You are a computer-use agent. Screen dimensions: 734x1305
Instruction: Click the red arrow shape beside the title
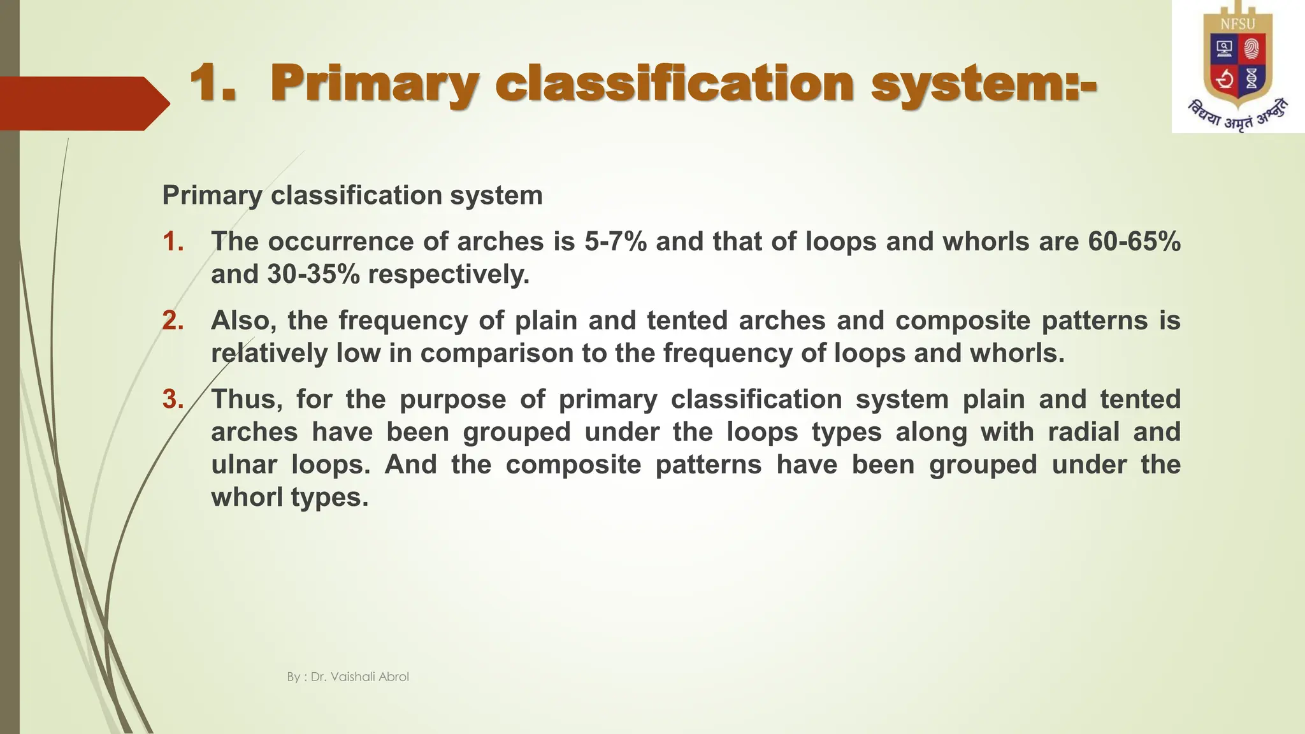pyautogui.click(x=83, y=103)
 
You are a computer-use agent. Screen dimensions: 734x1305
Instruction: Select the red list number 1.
pyautogui.click(x=173, y=241)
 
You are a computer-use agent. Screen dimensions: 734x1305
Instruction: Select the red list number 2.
pyautogui.click(x=173, y=320)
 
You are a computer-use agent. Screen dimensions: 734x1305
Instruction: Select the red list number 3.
pyautogui.click(x=173, y=399)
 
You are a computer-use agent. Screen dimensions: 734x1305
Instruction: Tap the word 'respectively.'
pyautogui.click(x=449, y=275)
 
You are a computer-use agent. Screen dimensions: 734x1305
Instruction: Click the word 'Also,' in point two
pyautogui.click(x=243, y=320)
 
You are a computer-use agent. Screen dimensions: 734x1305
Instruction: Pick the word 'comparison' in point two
pyautogui.click(x=497, y=353)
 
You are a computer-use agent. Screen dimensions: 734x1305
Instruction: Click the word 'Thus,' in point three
pyautogui.click(x=247, y=399)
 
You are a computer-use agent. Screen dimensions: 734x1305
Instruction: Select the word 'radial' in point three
pyautogui.click(x=1083, y=432)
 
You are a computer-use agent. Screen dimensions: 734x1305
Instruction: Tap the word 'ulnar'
pyautogui.click(x=244, y=464)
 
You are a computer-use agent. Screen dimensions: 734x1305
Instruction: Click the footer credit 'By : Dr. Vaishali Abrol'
pyautogui.click(x=348, y=677)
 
